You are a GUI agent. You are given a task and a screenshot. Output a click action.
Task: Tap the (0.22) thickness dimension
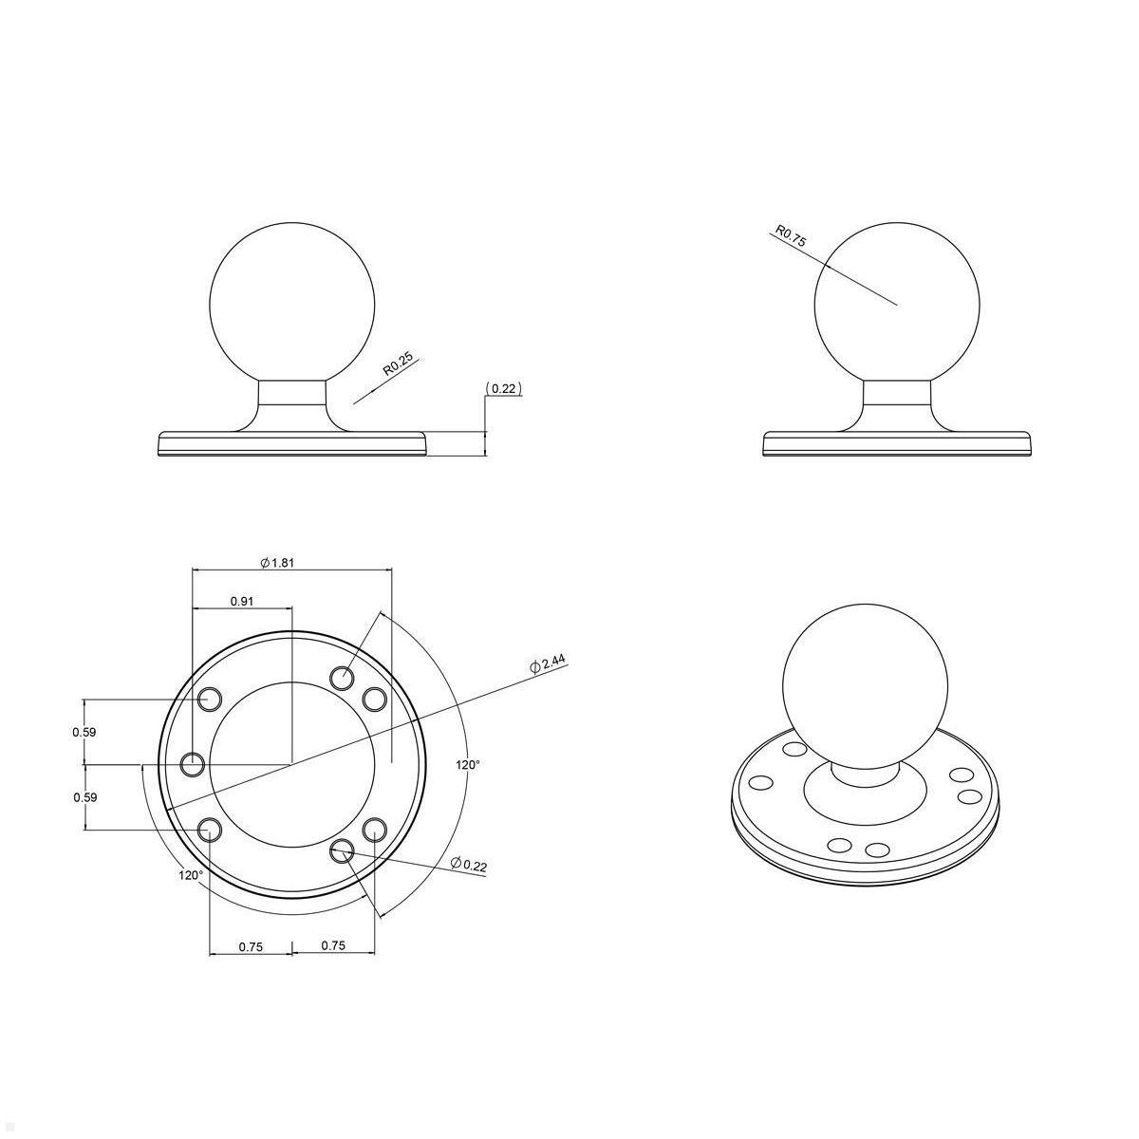tap(504, 388)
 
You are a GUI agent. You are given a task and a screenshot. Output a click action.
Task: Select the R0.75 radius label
tap(791, 236)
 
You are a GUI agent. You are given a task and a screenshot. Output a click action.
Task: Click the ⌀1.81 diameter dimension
tap(277, 562)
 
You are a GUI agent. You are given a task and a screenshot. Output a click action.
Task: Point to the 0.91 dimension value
tap(241, 601)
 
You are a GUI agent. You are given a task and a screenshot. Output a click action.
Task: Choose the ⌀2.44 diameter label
tap(548, 664)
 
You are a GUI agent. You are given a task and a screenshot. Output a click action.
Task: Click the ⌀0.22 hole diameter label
tap(469, 864)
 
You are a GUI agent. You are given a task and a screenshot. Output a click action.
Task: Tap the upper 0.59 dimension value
tap(84, 732)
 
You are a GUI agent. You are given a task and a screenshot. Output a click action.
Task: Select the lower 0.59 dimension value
tap(84, 797)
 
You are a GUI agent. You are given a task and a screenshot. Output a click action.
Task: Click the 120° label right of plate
tap(468, 764)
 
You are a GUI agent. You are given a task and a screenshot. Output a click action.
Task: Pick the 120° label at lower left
tap(191, 874)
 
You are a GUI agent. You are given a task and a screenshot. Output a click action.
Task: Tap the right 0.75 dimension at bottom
tap(333, 945)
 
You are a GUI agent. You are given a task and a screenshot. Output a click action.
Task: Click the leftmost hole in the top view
tap(194, 763)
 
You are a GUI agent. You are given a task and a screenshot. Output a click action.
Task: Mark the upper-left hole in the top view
tap(210, 700)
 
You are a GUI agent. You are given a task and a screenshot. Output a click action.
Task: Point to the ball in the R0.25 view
tap(292, 304)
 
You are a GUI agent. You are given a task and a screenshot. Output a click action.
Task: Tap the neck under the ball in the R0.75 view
tap(897, 404)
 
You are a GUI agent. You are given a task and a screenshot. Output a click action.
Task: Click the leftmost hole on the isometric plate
tap(761, 783)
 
